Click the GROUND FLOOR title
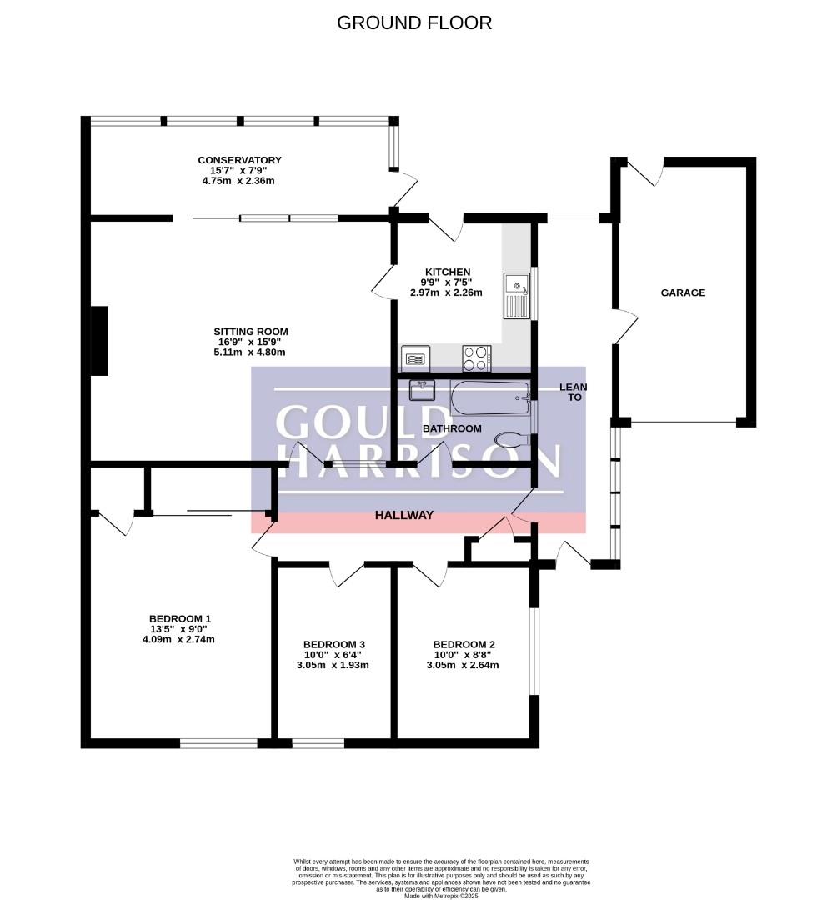click(x=413, y=22)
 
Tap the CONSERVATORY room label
click(x=239, y=160)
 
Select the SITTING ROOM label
click(x=251, y=331)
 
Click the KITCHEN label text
click(x=447, y=272)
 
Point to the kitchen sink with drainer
click(x=516, y=296)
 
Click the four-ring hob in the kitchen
click(x=477, y=358)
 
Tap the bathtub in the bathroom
click(x=489, y=398)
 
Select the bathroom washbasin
click(x=422, y=390)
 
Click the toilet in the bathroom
click(x=512, y=440)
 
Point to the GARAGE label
click(x=683, y=292)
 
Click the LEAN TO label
click(x=574, y=392)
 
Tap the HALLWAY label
click(x=404, y=516)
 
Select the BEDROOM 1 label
click(x=180, y=618)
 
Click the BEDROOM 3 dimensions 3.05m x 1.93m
click(x=333, y=665)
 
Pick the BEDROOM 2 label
click(x=464, y=644)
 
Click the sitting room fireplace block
click(x=99, y=341)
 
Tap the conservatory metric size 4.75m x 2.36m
click(x=238, y=181)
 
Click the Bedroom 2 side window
click(x=534, y=652)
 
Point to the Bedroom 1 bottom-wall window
click(x=218, y=743)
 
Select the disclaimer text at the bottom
click(x=441, y=877)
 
